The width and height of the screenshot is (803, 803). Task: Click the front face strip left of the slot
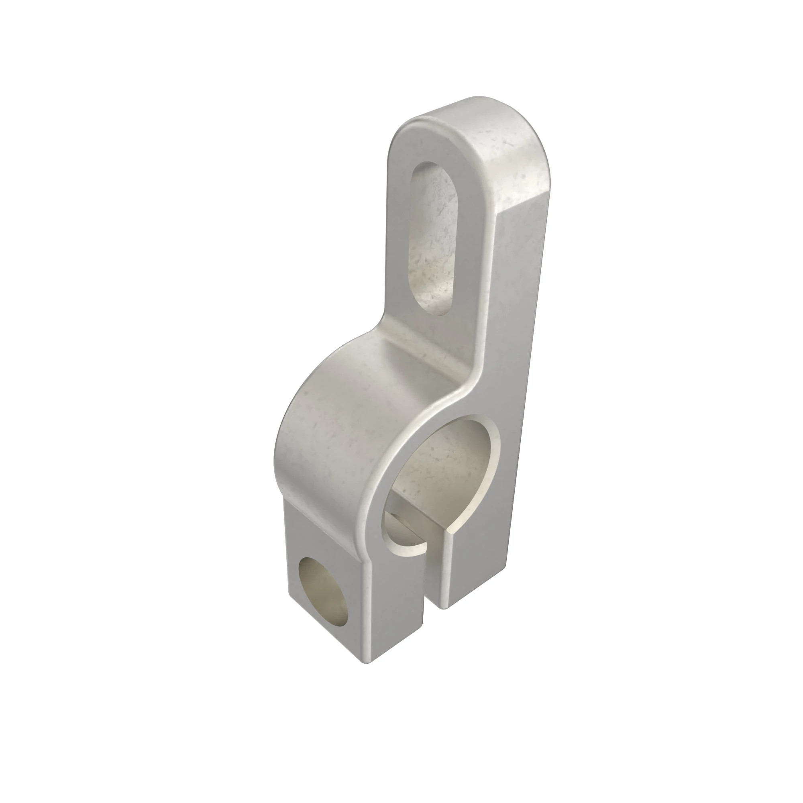point(399,233)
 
